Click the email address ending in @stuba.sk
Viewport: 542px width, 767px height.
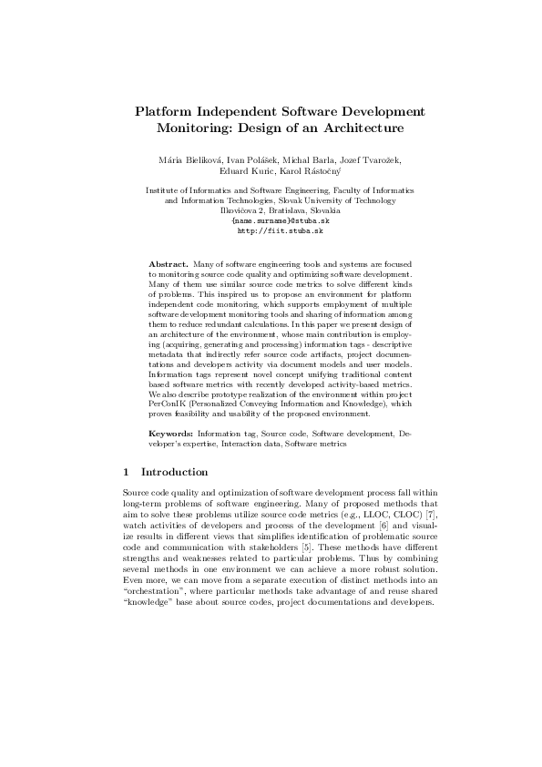[x=271, y=221]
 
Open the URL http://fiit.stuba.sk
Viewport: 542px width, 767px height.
[x=271, y=231]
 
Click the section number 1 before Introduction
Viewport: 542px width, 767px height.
[x=126, y=472]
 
